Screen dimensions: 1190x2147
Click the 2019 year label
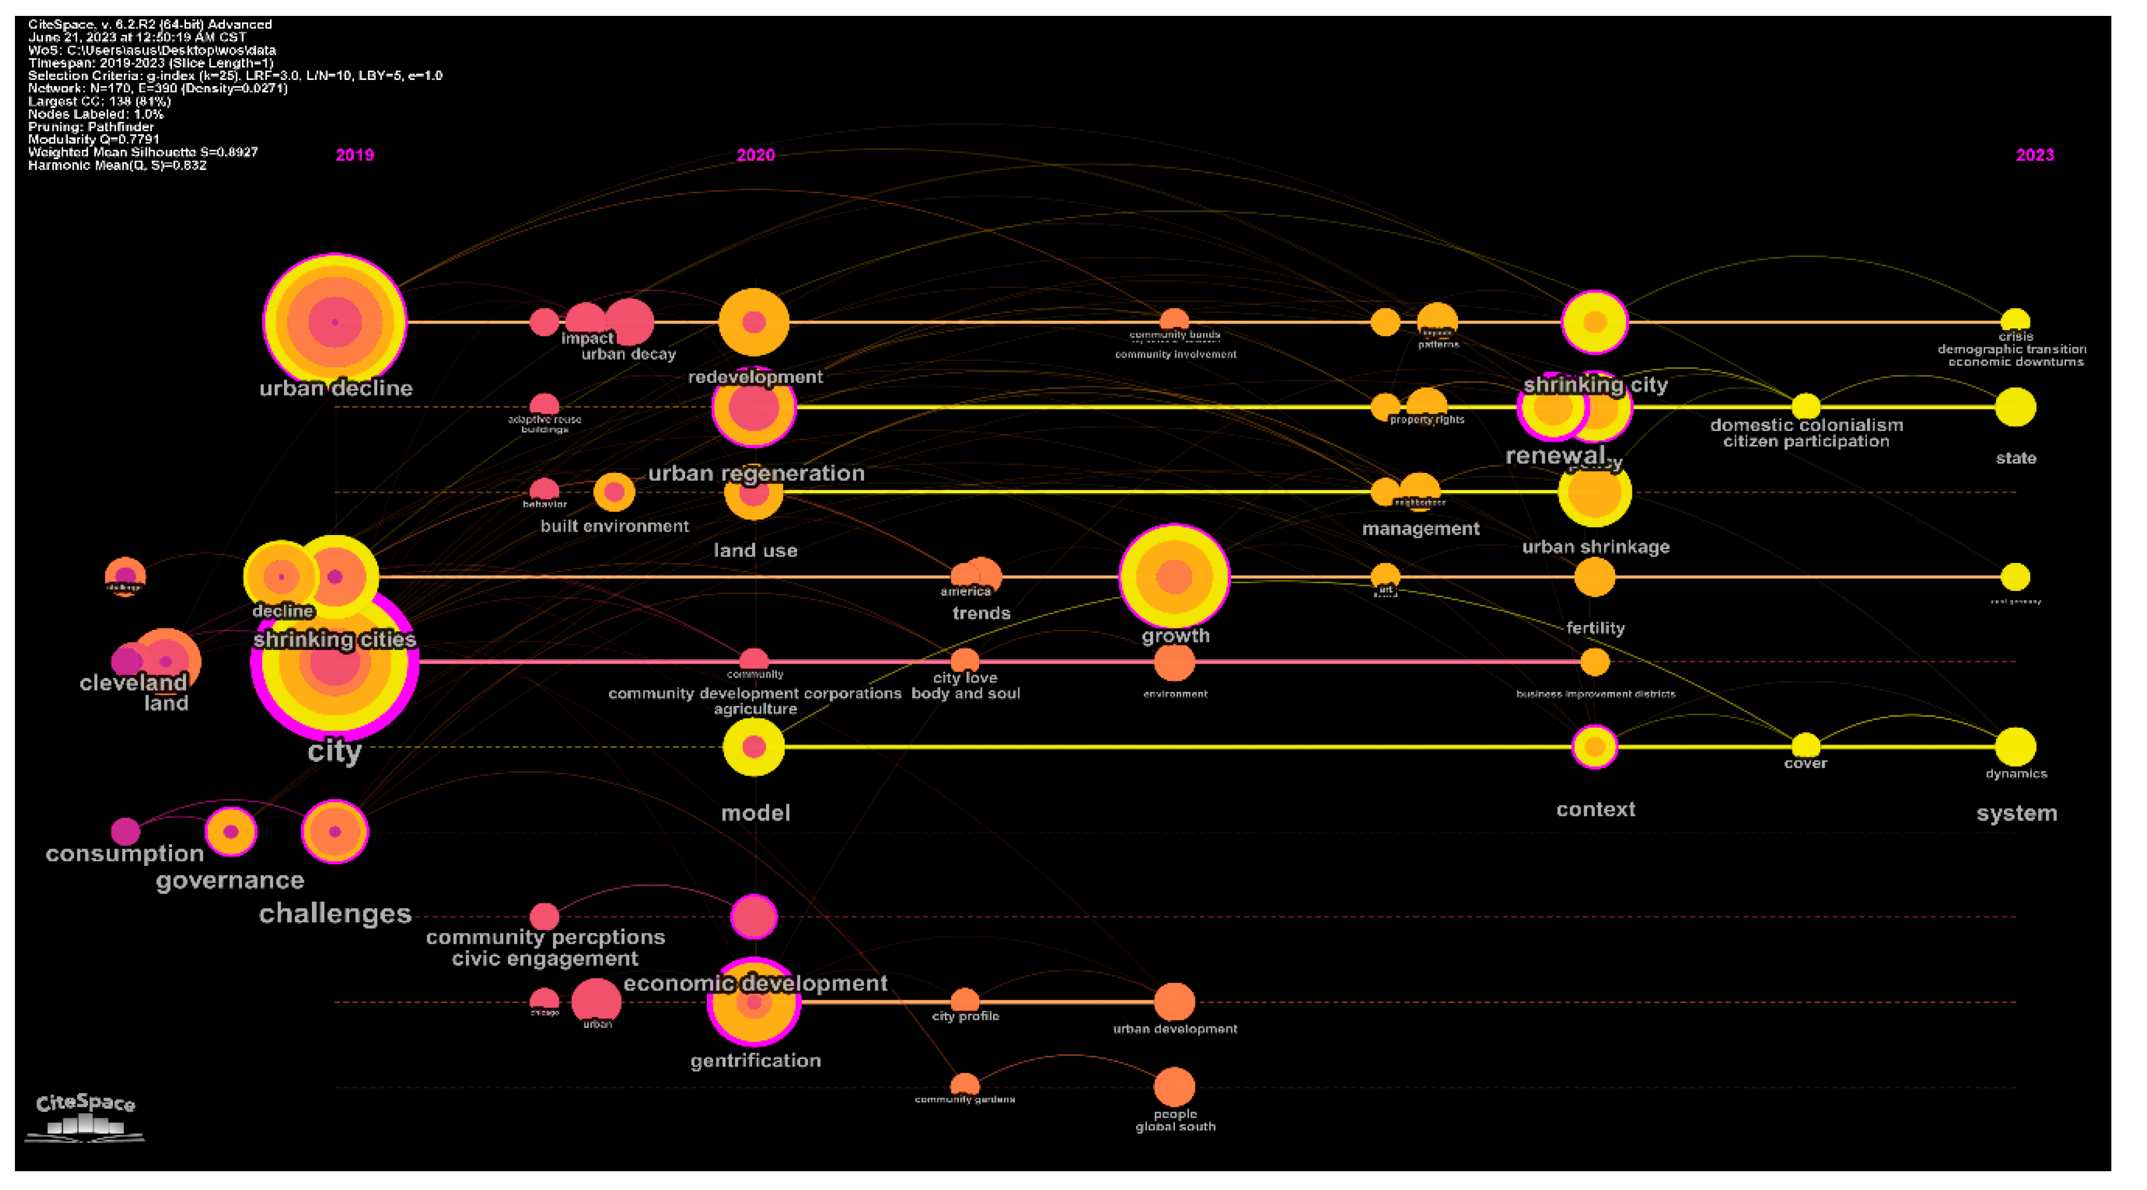pyautogui.click(x=355, y=155)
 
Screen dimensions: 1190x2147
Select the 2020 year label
pyautogui.click(x=756, y=155)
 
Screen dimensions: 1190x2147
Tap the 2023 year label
pyautogui.click(x=2035, y=155)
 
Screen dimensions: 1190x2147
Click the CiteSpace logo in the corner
pyautogui.click(x=85, y=1117)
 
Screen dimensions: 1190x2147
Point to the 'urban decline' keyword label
pyautogui.click(x=336, y=388)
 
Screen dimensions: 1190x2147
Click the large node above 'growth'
pyautogui.click(x=1174, y=576)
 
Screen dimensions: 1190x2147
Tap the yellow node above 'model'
pyautogui.click(x=754, y=746)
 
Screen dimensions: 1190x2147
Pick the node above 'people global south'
pyautogui.click(x=1174, y=1086)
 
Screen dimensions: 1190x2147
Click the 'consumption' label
pyautogui.click(x=125, y=854)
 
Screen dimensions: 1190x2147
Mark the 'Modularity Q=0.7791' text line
pyautogui.click(x=93, y=139)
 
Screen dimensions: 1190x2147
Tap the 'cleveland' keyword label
pyautogui.click(x=133, y=683)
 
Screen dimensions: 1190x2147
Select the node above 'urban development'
pyautogui.click(x=1174, y=1002)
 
